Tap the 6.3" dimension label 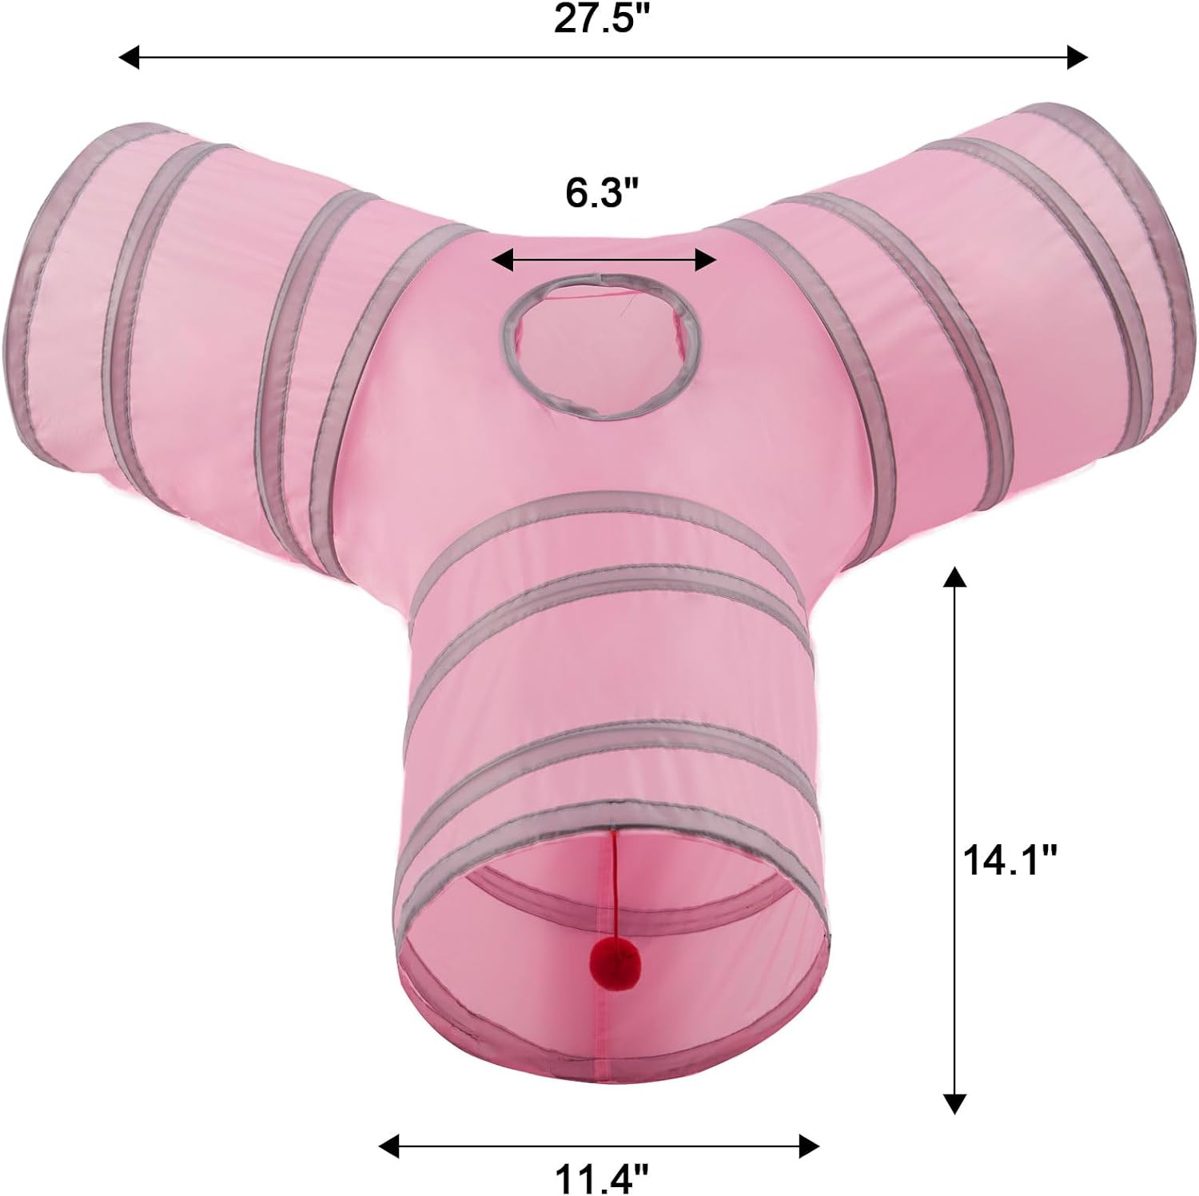[x=603, y=193]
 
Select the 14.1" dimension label [x=1010, y=862]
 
